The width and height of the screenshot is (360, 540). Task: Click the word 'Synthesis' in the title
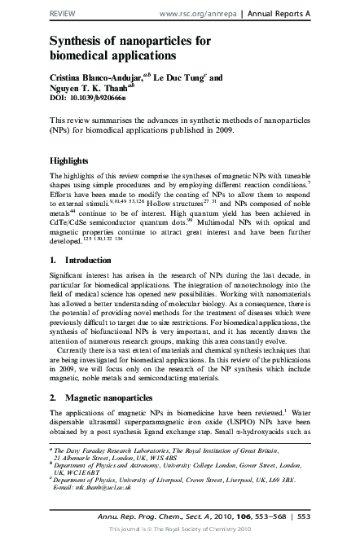(x=82, y=41)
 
